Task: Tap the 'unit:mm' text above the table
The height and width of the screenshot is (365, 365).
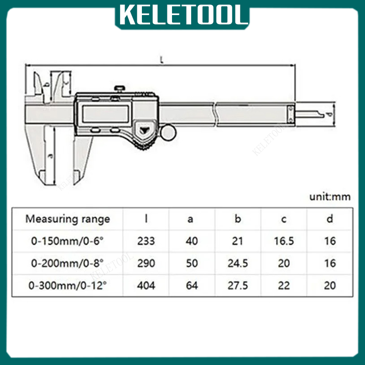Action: (x=330, y=197)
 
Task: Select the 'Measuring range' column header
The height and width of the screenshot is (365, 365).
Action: (x=68, y=219)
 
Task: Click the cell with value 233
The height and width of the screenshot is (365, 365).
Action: (x=146, y=241)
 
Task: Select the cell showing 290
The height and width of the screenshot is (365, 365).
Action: (x=146, y=263)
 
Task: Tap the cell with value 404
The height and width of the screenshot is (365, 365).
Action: (x=146, y=286)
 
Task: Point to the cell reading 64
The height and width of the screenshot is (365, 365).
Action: (x=192, y=286)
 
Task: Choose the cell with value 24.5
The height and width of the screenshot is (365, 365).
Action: (x=238, y=263)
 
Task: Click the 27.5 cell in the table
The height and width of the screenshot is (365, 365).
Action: (x=238, y=286)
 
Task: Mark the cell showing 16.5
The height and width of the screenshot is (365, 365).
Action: (x=284, y=241)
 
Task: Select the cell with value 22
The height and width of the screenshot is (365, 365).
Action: (x=284, y=286)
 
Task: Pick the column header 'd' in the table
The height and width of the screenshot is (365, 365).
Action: (x=329, y=219)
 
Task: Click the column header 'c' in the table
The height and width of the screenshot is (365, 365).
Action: (x=284, y=219)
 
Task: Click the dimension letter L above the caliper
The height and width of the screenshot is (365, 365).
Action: (x=162, y=59)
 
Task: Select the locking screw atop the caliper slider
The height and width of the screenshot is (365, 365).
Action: (x=120, y=89)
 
